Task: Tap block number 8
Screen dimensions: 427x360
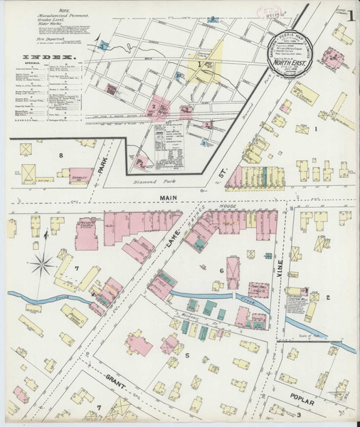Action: click(62, 155)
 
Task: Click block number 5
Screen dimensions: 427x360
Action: click(187, 354)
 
